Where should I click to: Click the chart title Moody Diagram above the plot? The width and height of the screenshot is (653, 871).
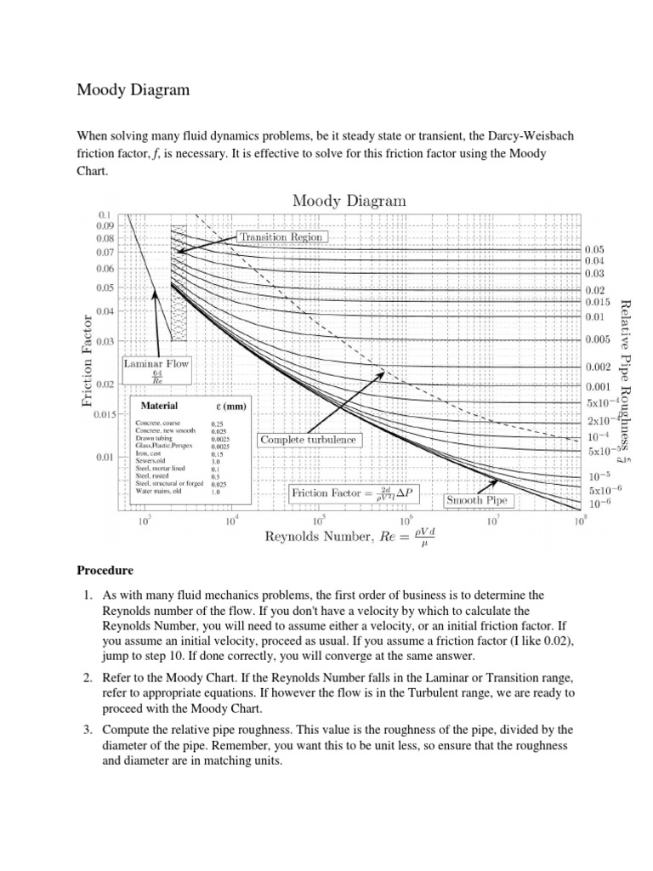point(349,201)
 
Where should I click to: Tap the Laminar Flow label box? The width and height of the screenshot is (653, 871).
point(156,369)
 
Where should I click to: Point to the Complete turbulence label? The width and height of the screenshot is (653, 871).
point(309,440)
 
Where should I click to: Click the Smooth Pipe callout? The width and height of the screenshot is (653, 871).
point(477,500)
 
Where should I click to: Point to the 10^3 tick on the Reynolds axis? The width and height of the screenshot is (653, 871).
point(145,521)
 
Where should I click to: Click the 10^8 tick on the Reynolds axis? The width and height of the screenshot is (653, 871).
point(580,521)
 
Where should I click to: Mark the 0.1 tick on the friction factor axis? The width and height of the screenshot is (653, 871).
point(106,214)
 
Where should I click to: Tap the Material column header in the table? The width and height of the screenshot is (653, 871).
point(159,406)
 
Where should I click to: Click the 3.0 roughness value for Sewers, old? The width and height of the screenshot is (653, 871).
point(216,460)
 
